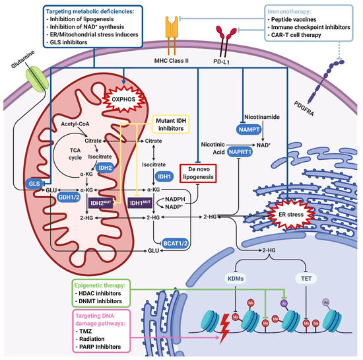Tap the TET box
tap(306, 280)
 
